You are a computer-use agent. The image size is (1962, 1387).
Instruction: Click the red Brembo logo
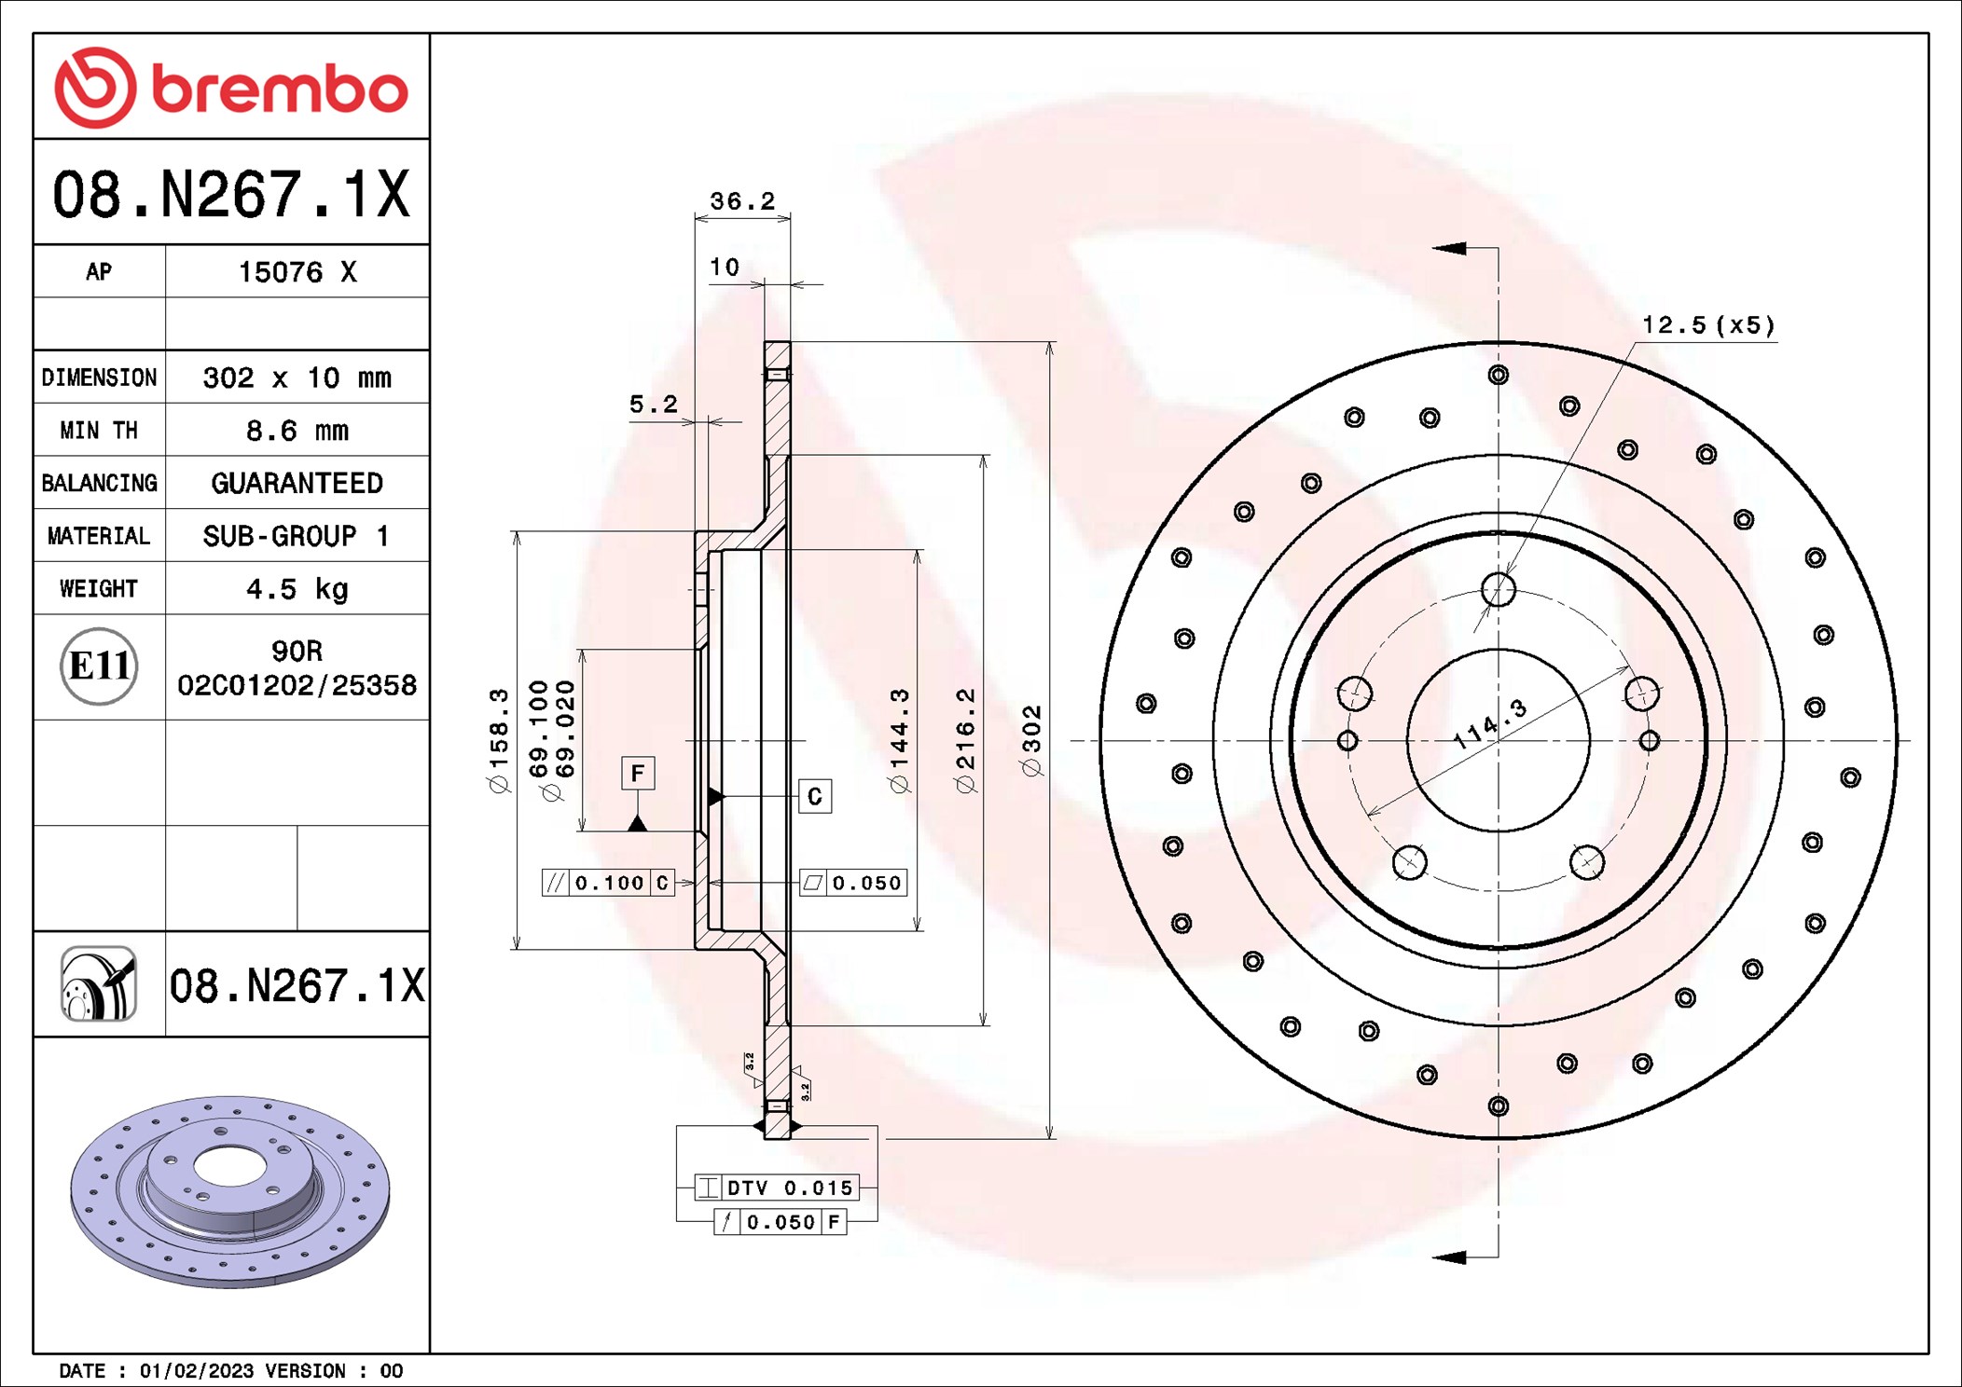[x=231, y=88]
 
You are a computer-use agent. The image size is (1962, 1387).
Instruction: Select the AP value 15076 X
[x=297, y=272]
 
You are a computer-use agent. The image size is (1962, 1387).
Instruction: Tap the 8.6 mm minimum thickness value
[x=297, y=431]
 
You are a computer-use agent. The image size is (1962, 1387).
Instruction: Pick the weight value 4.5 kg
[x=297, y=589]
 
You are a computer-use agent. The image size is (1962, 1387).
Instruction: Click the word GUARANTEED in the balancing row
[x=297, y=483]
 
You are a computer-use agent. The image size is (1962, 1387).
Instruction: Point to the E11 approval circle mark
[x=99, y=666]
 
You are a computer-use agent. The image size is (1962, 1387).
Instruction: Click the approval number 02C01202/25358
[x=297, y=686]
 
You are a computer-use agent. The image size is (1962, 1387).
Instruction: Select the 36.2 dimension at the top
[x=742, y=200]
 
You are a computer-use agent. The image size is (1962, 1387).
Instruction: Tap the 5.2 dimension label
[x=653, y=404]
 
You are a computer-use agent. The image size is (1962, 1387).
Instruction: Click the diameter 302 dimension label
[x=1030, y=741]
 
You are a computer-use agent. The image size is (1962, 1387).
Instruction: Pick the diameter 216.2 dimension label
[x=965, y=741]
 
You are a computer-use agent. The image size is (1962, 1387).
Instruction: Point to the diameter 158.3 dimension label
[x=499, y=741]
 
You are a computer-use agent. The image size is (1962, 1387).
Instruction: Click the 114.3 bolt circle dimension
[x=1490, y=724]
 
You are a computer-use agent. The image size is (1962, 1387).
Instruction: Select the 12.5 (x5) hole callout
[x=1708, y=325]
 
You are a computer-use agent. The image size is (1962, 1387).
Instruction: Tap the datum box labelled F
[x=638, y=773]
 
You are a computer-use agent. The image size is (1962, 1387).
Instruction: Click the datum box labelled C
[x=815, y=796]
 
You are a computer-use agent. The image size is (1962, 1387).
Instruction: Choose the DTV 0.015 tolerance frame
[x=777, y=1188]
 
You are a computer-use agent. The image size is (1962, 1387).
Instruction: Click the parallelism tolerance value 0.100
[x=609, y=883]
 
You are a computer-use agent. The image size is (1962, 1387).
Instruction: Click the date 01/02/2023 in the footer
[x=197, y=1370]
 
